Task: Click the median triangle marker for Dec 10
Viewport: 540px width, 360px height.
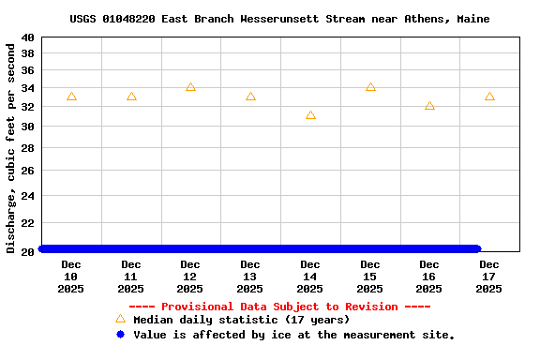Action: tap(71, 97)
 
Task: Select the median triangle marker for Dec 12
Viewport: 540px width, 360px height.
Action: tap(190, 87)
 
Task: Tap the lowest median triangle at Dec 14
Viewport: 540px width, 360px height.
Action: tap(310, 115)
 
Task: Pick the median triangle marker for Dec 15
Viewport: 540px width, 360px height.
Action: tap(370, 87)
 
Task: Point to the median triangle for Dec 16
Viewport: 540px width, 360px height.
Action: tap(429, 106)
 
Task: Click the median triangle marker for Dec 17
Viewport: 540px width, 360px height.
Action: tap(489, 97)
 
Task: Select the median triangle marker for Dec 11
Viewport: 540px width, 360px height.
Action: tap(131, 97)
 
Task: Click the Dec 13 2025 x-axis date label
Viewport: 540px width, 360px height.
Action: tap(250, 277)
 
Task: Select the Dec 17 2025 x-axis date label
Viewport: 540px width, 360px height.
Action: tap(489, 277)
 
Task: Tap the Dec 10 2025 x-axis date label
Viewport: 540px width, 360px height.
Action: tap(71, 277)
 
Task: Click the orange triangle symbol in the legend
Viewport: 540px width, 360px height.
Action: tap(120, 320)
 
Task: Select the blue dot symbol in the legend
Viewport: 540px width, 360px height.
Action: tap(120, 335)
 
